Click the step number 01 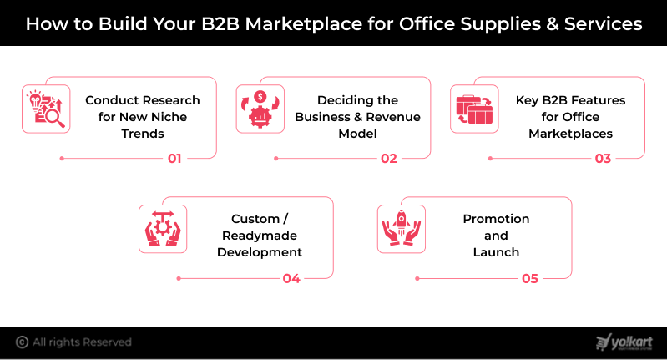(174, 158)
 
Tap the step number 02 (388, 158)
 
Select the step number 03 (603, 158)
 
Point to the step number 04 (291, 278)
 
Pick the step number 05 (530, 278)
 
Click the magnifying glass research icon (45, 109)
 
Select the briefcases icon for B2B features (474, 109)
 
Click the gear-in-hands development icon (163, 229)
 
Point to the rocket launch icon (402, 229)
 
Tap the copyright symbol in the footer (22, 342)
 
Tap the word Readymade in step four (260, 236)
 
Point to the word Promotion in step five (496, 219)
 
